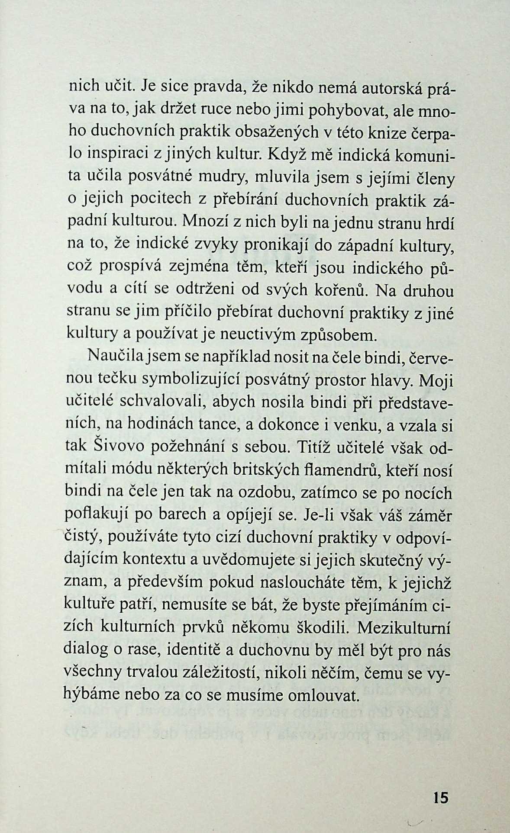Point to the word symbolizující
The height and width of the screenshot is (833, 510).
point(193,380)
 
